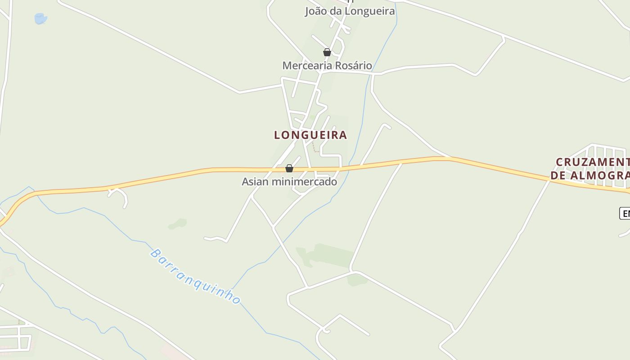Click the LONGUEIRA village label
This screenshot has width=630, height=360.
tap(310, 135)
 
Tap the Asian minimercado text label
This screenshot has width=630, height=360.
tap(289, 182)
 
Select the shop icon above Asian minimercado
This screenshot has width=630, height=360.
tap(289, 169)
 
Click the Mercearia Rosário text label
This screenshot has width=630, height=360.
tap(327, 66)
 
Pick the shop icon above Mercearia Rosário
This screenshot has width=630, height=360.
tap(327, 53)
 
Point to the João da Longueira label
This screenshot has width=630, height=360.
tap(350, 11)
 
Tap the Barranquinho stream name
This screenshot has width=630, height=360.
tap(195, 277)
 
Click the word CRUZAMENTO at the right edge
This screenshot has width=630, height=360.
tap(592, 162)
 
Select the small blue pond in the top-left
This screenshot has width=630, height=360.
tap(40, 18)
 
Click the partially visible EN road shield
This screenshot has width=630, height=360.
tap(625, 213)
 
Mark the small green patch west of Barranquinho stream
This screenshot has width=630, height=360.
tap(178, 224)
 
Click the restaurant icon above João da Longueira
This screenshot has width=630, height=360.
tap(350, 1)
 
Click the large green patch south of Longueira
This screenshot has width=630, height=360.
tap(326, 255)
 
